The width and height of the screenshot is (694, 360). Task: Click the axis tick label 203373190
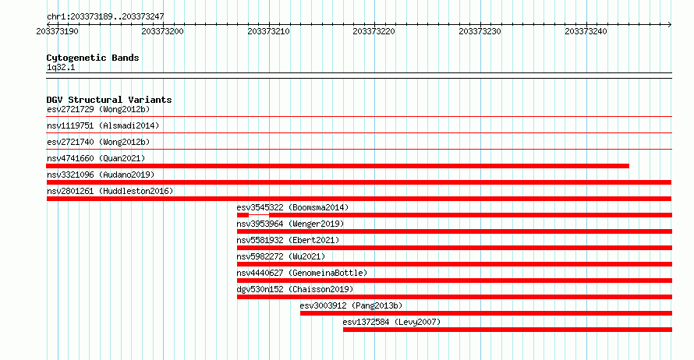click(x=57, y=31)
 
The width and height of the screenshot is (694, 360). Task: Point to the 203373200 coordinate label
click(x=162, y=31)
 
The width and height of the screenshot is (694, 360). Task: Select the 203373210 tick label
click(x=269, y=31)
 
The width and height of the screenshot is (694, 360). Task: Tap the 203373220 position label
click(x=374, y=31)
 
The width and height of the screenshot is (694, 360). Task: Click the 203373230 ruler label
click(x=480, y=31)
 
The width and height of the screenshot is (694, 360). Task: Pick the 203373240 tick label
click(x=586, y=31)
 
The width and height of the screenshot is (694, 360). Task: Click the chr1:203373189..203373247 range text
click(x=105, y=17)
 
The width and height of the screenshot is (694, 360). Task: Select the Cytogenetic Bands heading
click(x=93, y=58)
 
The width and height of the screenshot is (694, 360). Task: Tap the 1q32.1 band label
click(x=61, y=67)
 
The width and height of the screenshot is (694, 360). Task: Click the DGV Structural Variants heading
click(x=109, y=100)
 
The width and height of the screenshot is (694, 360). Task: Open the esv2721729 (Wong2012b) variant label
click(x=98, y=109)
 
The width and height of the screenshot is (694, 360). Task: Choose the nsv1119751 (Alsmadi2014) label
click(x=103, y=125)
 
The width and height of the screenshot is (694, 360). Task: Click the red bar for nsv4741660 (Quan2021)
click(x=338, y=166)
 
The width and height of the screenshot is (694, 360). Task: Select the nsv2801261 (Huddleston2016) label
click(x=110, y=191)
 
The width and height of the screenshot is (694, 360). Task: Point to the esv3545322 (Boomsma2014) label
click(x=292, y=207)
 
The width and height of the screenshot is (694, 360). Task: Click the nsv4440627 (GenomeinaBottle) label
click(x=302, y=273)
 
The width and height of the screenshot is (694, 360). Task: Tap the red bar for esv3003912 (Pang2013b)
click(x=486, y=313)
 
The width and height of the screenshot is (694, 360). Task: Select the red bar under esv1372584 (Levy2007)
click(x=508, y=330)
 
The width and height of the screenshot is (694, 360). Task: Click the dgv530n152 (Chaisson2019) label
click(x=296, y=289)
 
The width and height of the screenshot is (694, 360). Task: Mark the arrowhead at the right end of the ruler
click(x=670, y=24)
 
